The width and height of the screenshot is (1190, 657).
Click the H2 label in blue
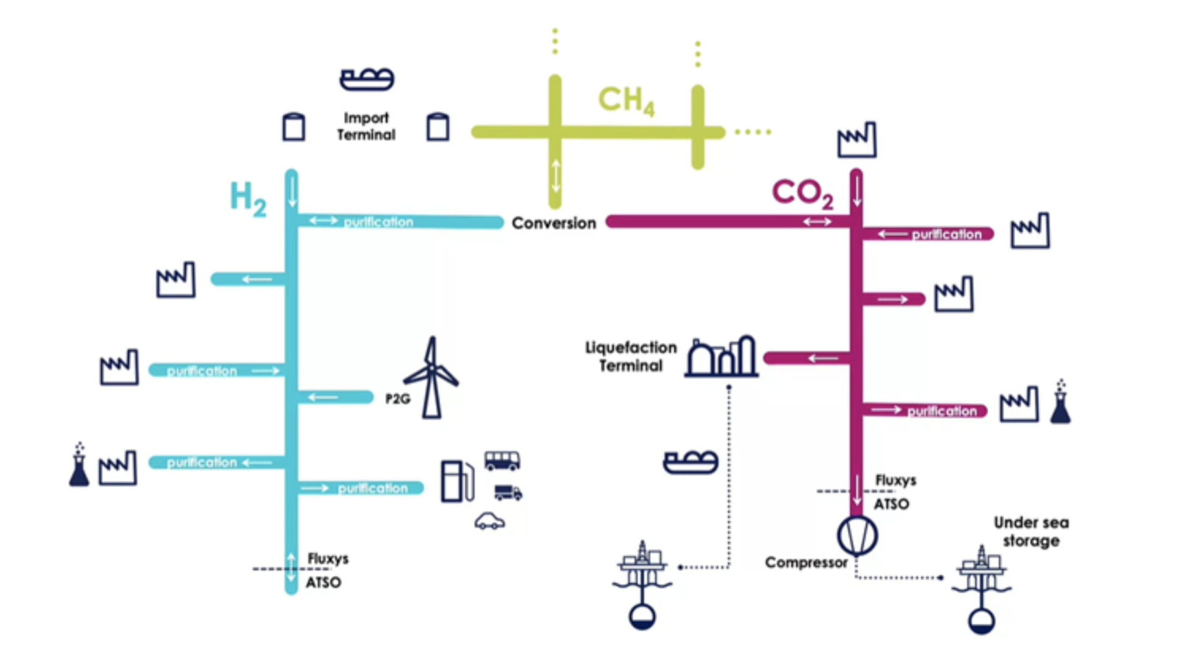(248, 198)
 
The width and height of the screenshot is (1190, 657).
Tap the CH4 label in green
(626, 100)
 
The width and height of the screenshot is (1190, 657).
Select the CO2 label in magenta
(802, 193)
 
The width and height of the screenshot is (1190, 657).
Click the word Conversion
(553, 223)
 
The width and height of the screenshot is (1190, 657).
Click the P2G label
(397, 399)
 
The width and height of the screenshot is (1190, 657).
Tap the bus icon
(502, 461)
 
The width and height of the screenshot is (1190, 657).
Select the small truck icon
(508, 492)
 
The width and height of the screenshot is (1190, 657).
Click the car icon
(489, 521)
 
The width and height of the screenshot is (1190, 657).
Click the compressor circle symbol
(857, 535)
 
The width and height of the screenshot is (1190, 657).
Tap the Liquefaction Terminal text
(631, 356)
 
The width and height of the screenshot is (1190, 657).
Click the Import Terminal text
(366, 127)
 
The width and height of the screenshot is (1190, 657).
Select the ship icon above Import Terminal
(366, 79)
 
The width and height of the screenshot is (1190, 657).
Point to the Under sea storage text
(1031, 532)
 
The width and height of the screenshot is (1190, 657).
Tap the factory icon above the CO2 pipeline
(856, 140)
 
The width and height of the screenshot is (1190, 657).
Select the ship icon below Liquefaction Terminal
(690, 462)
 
